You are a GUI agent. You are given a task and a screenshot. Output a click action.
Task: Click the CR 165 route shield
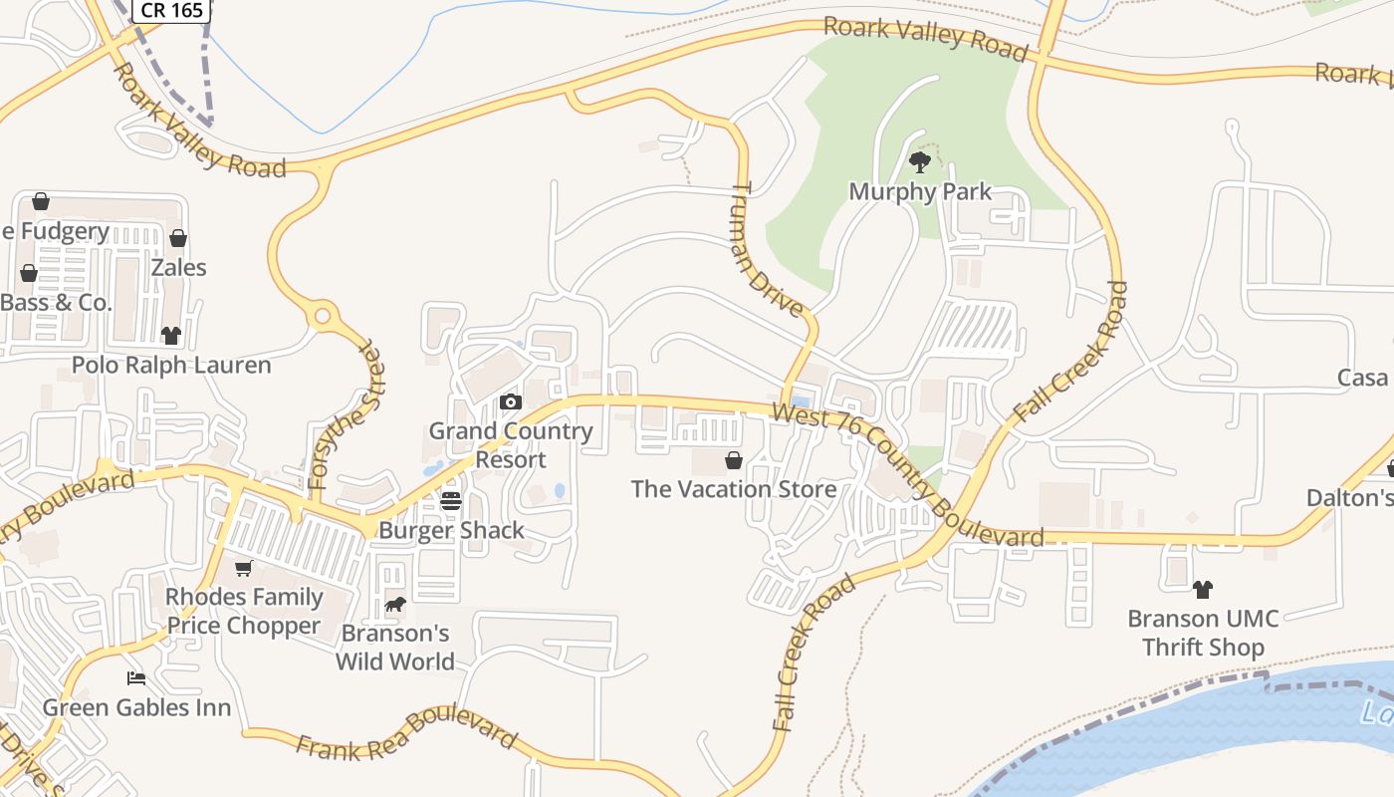[x=171, y=11]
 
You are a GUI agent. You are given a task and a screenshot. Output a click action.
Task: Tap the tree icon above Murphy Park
[x=920, y=160]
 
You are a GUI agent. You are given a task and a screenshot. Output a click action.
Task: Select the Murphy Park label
[x=920, y=191]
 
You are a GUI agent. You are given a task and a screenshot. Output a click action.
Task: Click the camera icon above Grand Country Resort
[x=511, y=402]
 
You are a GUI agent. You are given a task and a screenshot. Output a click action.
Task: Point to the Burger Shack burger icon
[x=451, y=501]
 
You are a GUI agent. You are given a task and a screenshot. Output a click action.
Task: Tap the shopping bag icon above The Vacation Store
[x=734, y=460]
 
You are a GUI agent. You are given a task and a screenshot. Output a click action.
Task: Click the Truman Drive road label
[x=768, y=249]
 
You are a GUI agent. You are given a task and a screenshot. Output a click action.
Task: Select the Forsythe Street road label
[x=345, y=416]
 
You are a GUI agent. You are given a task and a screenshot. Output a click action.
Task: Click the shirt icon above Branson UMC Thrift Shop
[x=1203, y=589]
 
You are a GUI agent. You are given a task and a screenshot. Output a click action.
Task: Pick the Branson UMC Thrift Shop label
[x=1203, y=633]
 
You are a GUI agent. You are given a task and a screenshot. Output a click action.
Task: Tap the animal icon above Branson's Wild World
[x=395, y=605]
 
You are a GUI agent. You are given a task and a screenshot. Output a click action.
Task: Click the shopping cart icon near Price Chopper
[x=244, y=569]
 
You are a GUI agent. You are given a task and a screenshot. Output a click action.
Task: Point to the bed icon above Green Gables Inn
[x=136, y=678]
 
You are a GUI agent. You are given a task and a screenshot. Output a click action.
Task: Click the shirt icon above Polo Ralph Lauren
[x=171, y=335]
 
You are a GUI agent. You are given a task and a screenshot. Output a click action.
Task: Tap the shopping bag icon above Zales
[x=178, y=238]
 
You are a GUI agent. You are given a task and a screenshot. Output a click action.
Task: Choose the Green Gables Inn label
[x=136, y=708]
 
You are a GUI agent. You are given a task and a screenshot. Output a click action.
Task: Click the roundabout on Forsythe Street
[x=322, y=318]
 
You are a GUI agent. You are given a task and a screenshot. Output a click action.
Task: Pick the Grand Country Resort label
[x=511, y=445]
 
